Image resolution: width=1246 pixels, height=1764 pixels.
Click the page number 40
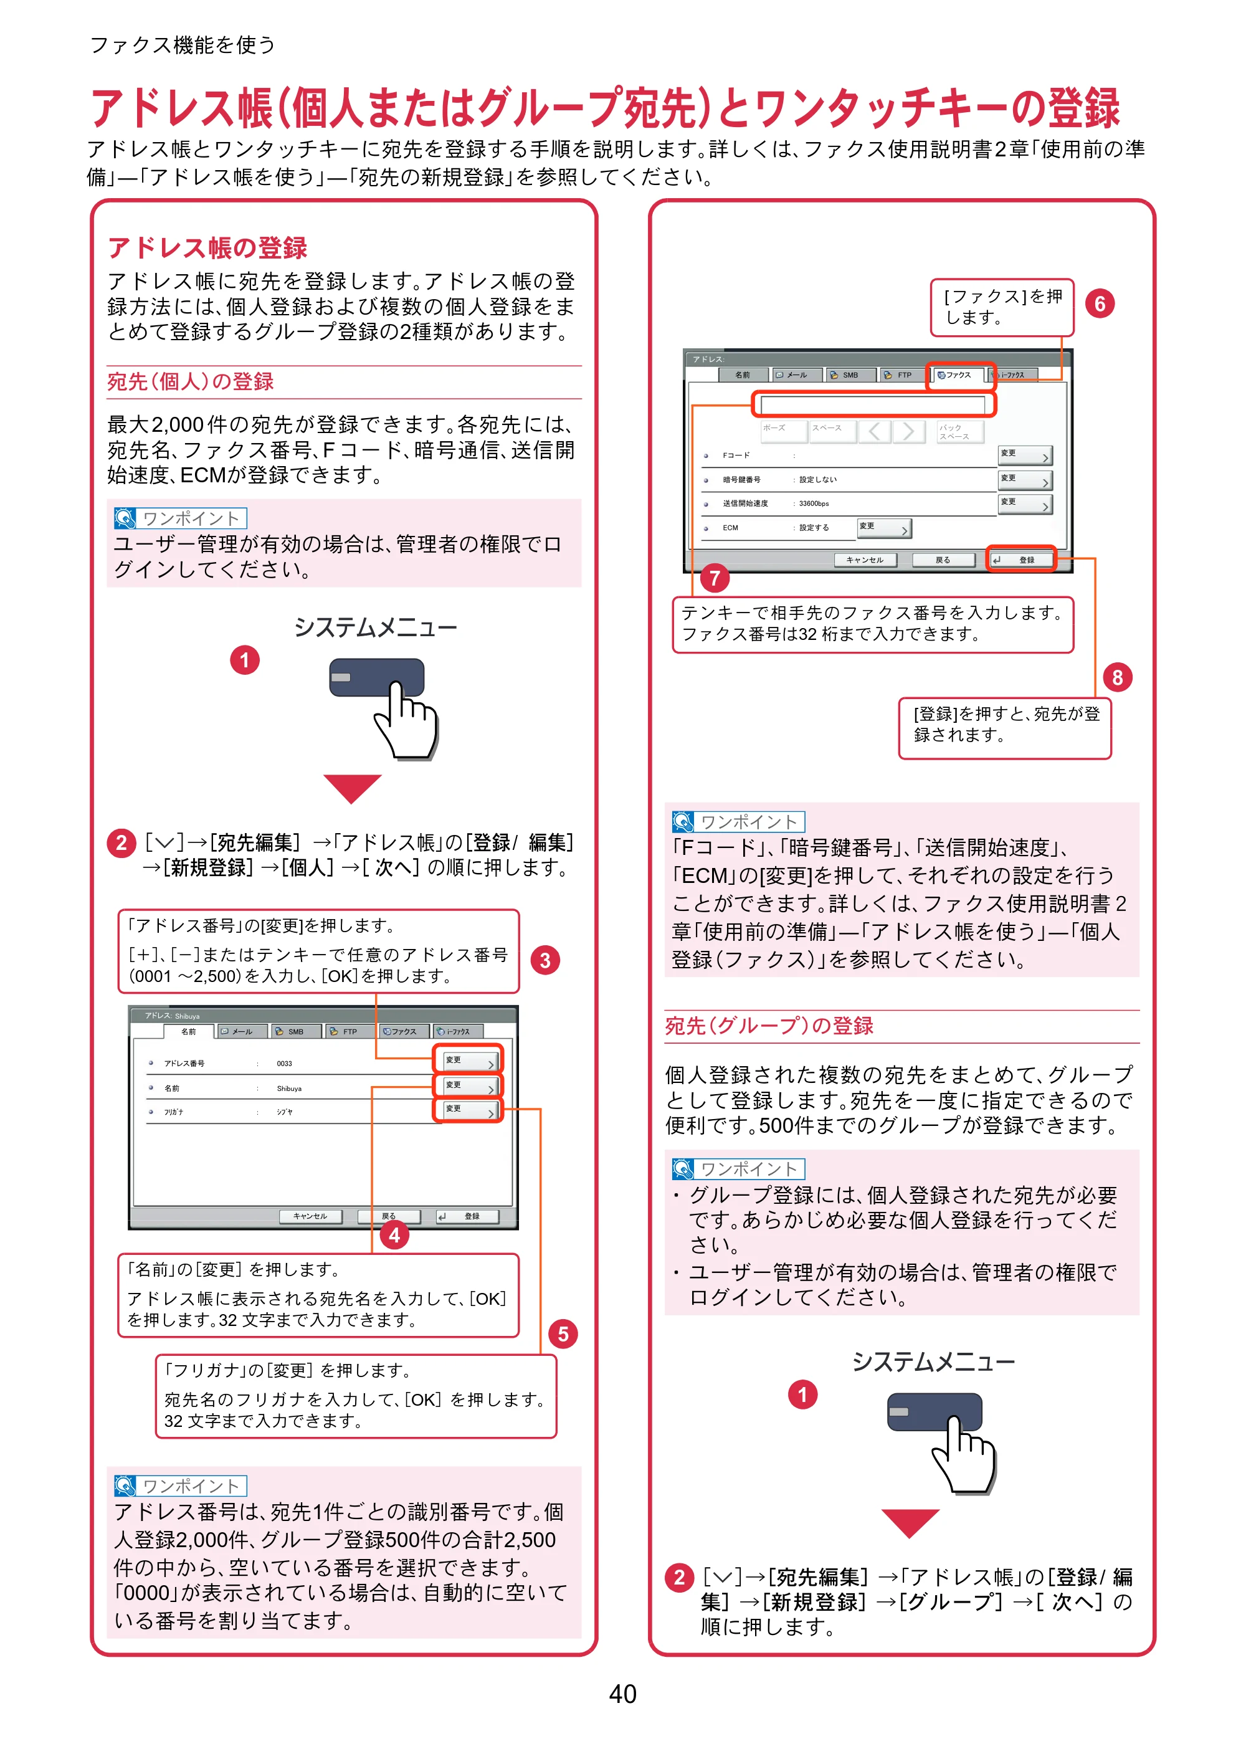[622, 1694]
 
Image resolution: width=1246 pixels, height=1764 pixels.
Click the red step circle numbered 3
[545, 960]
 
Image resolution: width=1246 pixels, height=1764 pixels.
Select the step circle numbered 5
[563, 1334]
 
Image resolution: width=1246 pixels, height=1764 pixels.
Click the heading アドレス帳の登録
[207, 247]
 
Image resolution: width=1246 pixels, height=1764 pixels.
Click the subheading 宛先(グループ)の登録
[769, 1026]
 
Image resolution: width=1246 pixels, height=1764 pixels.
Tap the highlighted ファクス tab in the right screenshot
[960, 375]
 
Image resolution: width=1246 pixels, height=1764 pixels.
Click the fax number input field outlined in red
[873, 404]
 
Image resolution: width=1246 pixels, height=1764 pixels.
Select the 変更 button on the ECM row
[883, 528]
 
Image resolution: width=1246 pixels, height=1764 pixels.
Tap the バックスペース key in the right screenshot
[959, 431]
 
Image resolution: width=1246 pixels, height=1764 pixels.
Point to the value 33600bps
[814, 504]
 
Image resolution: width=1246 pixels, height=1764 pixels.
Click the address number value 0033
[284, 1063]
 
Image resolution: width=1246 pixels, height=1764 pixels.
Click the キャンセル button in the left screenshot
[310, 1216]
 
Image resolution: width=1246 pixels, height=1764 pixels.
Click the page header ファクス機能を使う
[182, 45]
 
